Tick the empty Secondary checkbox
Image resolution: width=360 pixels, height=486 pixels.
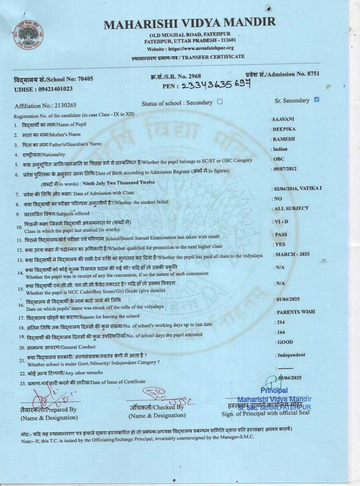click(220, 102)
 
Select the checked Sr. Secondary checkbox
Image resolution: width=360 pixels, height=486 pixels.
click(316, 100)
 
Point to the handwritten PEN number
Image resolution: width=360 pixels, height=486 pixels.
click(216, 85)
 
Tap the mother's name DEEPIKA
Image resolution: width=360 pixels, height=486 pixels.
click(284, 129)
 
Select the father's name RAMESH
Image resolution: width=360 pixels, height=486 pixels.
click(284, 139)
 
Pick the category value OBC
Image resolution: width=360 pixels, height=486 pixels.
click(279, 159)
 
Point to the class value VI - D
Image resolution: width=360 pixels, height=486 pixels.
click(282, 222)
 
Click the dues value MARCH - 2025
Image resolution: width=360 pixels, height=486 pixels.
click(292, 254)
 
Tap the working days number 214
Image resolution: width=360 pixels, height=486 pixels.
click(280, 322)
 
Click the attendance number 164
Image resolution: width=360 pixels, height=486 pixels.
click(280, 332)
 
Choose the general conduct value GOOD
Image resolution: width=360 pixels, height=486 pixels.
click(285, 342)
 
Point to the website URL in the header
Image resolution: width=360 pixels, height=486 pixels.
click(201, 48)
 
